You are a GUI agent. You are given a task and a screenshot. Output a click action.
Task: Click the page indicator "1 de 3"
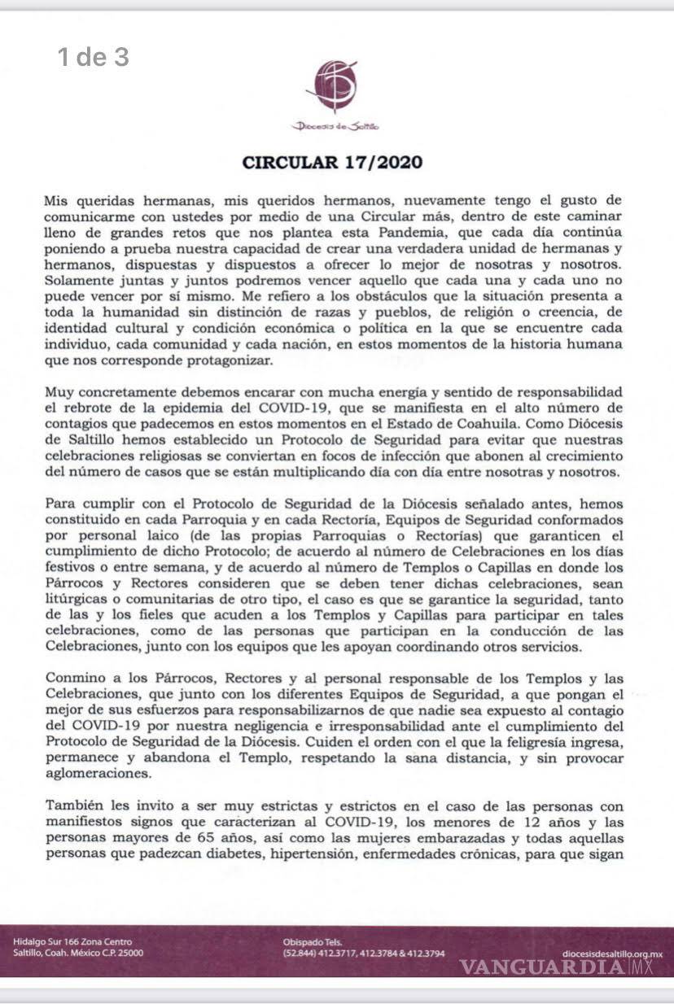click(x=93, y=57)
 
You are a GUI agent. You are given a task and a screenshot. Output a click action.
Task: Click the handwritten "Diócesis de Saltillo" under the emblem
click(x=336, y=126)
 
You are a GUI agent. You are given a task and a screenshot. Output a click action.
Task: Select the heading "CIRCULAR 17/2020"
click(x=333, y=162)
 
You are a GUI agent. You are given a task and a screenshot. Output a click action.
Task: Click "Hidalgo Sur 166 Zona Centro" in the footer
click(x=72, y=942)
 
